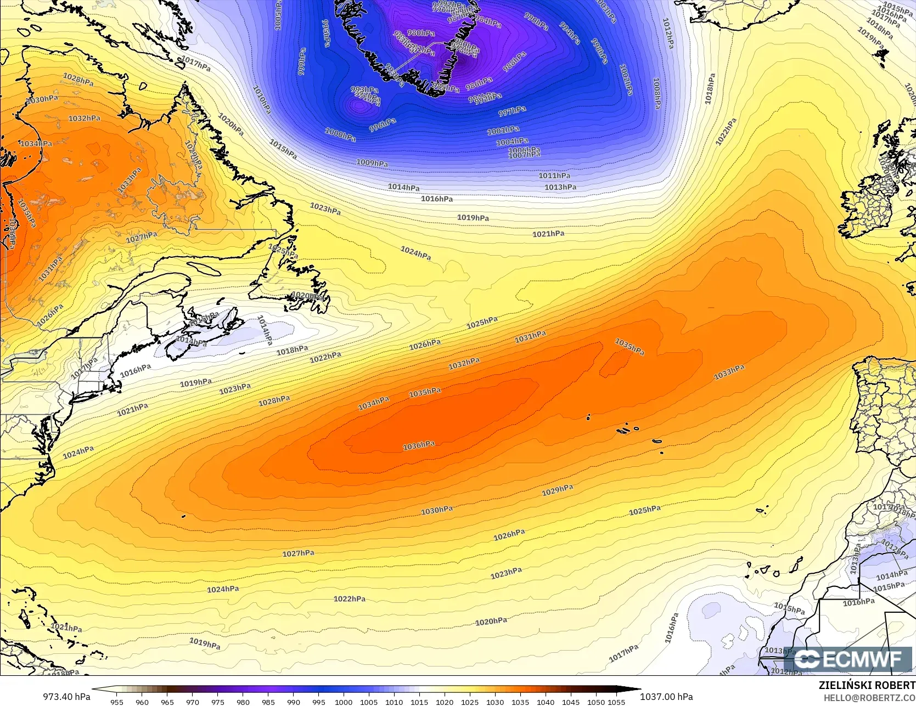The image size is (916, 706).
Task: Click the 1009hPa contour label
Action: pos(372,163)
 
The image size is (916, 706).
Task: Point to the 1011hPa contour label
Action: pos(554,176)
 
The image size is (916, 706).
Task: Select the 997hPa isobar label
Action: pos(512,111)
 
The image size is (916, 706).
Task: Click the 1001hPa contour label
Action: pos(503,131)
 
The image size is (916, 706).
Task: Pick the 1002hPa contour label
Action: pos(626,80)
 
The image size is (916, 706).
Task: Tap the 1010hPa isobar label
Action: pos(262,99)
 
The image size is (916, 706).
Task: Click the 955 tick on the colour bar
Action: pos(116,702)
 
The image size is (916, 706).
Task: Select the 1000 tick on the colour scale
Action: pos(344,702)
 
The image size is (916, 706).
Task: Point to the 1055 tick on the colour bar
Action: pos(616,702)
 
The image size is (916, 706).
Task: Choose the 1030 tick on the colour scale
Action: pos(495,702)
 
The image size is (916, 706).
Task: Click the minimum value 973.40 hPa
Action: pos(66,697)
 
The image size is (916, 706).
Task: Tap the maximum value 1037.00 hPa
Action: pos(666,697)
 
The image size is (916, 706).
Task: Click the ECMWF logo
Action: pos(848,659)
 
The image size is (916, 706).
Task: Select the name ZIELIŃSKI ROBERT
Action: pos(867,685)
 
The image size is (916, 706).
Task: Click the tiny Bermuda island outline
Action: pos(183,516)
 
